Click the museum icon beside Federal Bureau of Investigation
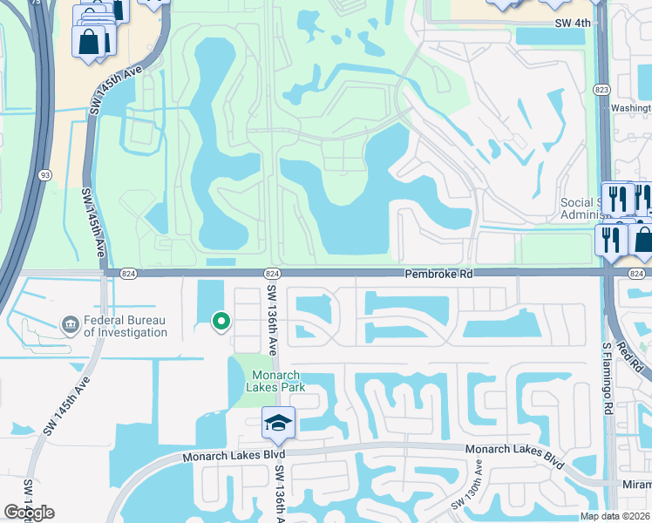[69, 325]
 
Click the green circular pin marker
[221, 322]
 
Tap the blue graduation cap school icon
[279, 424]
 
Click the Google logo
[29, 513]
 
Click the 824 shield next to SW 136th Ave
[271, 274]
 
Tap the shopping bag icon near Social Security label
[643, 239]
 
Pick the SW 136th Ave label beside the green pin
[272, 320]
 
